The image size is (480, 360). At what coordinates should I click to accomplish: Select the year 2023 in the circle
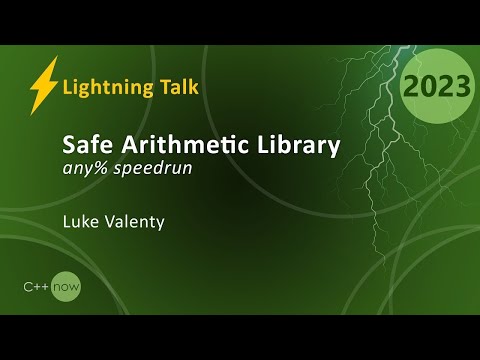pyautogui.click(x=437, y=87)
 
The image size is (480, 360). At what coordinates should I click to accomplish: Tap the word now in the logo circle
pyautogui.click(x=67, y=288)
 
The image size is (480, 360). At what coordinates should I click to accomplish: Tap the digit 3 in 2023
pyautogui.click(x=460, y=87)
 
